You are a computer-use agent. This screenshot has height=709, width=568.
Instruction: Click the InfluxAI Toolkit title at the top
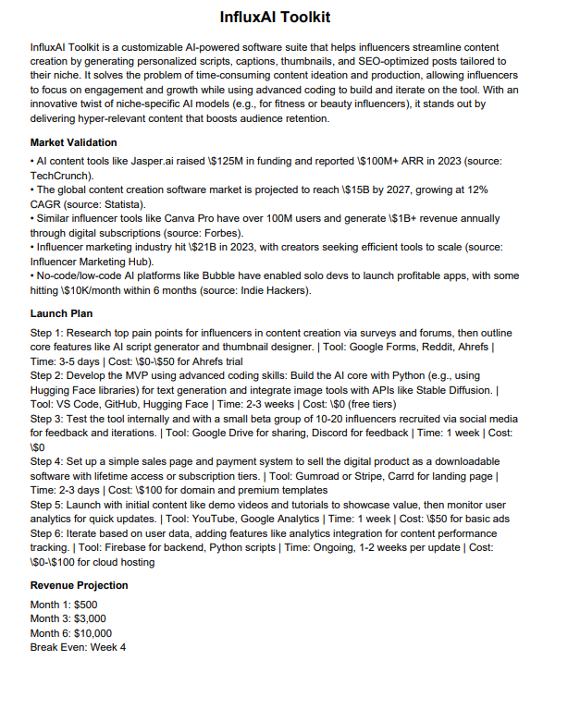pyautogui.click(x=275, y=18)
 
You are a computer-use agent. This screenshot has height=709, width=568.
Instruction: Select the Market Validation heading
pyautogui.click(x=73, y=142)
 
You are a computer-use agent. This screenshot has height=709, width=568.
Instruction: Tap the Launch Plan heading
pyautogui.click(x=63, y=313)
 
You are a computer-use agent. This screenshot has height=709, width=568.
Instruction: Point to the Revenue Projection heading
pyautogui.click(x=80, y=586)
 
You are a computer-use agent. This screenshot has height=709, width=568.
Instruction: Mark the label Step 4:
pyautogui.click(x=48, y=461)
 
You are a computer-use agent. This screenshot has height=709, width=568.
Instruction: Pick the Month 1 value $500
pyautogui.click(x=85, y=605)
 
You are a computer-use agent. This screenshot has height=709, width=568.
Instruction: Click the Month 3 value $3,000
pyautogui.click(x=91, y=618)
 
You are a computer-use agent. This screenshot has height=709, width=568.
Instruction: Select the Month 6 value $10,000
pyautogui.click(x=93, y=633)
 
